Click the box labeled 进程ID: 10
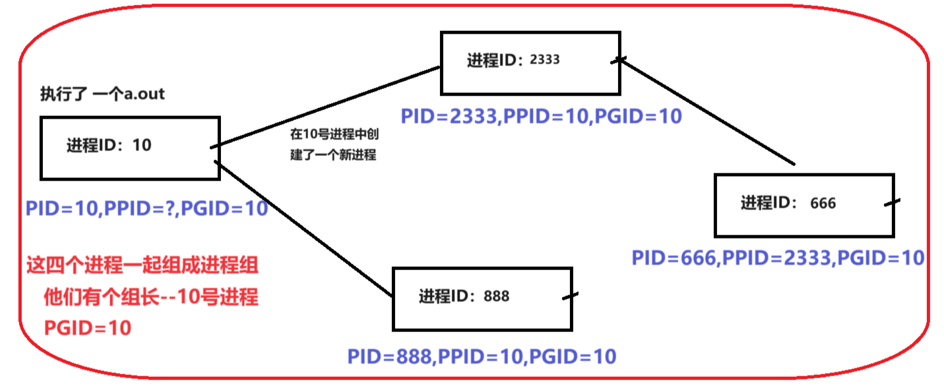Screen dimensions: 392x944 pyautogui.click(x=129, y=148)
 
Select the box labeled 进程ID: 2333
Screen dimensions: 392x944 pyautogui.click(x=530, y=62)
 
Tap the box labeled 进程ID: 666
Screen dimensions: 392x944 pyautogui.click(x=804, y=205)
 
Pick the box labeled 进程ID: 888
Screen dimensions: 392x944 pyautogui.click(x=482, y=298)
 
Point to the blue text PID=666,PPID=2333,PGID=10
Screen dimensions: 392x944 pyautogui.click(x=778, y=258)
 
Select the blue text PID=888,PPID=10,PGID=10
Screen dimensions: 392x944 pyautogui.click(x=482, y=356)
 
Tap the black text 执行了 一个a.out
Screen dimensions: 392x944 pyautogui.click(x=102, y=94)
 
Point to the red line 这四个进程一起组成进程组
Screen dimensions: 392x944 pyautogui.click(x=142, y=267)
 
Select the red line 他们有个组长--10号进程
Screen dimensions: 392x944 pyautogui.click(x=150, y=298)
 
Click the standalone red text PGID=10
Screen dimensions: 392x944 pyautogui.click(x=88, y=327)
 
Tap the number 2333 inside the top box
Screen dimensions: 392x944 pyautogui.click(x=545, y=59)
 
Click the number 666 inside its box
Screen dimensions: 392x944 pyautogui.click(x=823, y=204)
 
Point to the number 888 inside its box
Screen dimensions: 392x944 pyautogui.click(x=496, y=296)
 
